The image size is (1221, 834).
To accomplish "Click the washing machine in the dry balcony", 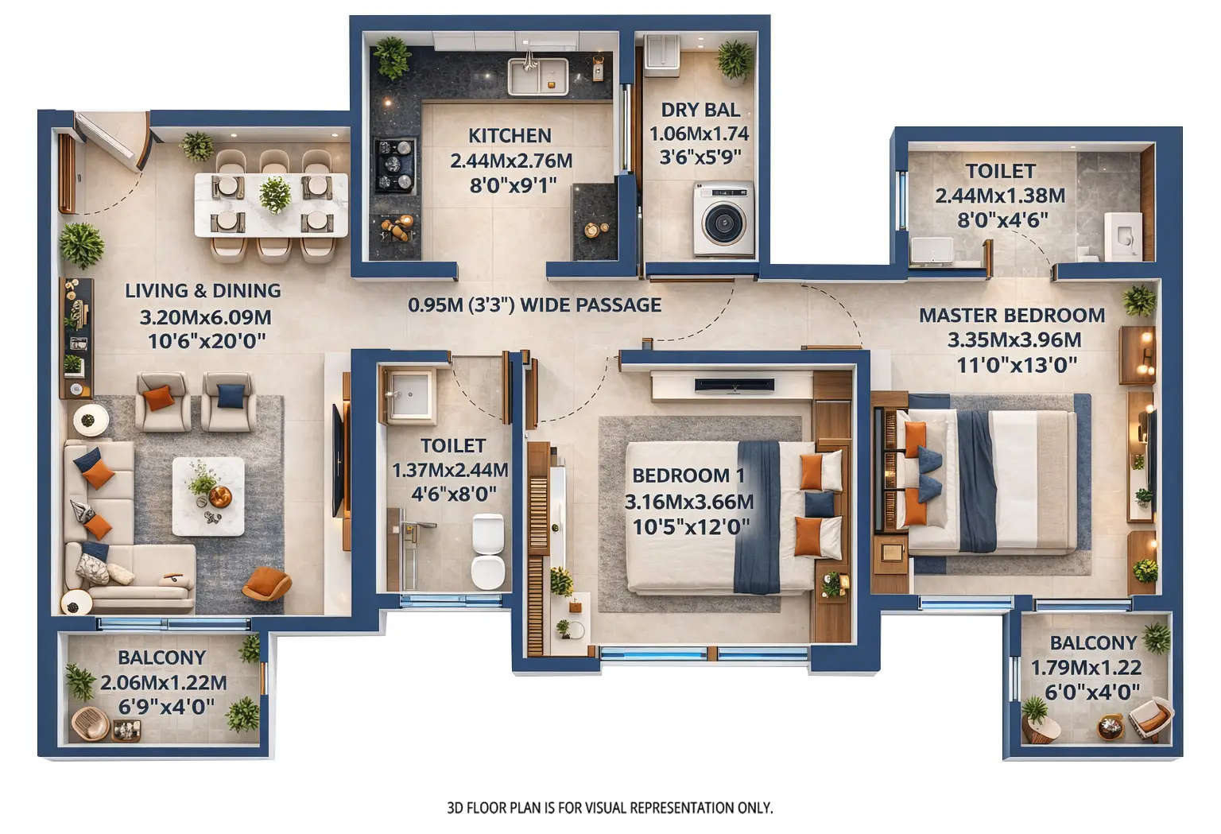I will click(x=723, y=219).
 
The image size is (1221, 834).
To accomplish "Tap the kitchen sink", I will click(x=537, y=76).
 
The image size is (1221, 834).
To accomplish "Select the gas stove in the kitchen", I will click(x=395, y=165).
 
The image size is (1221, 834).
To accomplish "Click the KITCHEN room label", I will click(x=510, y=135).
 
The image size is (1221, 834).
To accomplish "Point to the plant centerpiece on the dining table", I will click(x=275, y=193).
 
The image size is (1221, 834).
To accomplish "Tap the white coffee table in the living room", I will click(x=208, y=496).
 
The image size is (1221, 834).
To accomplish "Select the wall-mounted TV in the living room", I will click(x=339, y=460).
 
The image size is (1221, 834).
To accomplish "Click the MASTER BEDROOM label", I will click(x=1011, y=316).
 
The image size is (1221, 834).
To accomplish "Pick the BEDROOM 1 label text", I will click(x=688, y=475).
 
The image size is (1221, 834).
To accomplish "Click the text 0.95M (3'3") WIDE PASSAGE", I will click(x=534, y=305).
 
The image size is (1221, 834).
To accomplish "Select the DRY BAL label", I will click(x=700, y=110).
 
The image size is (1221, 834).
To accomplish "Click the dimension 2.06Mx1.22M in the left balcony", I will click(x=163, y=682).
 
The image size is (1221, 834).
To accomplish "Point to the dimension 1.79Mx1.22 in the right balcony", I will click(x=1086, y=668).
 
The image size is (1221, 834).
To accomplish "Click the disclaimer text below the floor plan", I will click(x=610, y=808).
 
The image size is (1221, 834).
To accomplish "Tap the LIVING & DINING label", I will click(x=203, y=291).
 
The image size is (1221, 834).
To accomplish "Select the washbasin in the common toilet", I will click(x=409, y=393).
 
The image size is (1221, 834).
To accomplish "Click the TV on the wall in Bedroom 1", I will click(x=734, y=385).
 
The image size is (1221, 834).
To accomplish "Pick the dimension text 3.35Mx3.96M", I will click(x=1014, y=340).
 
